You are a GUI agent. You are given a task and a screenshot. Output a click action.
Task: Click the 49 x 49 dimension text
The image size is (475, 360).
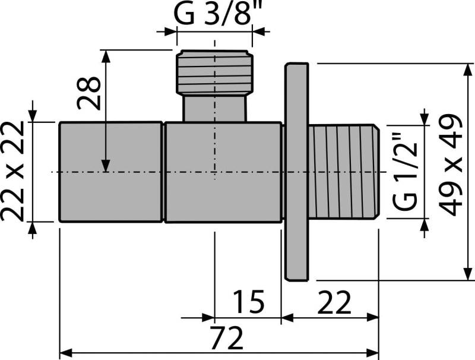point(452,165)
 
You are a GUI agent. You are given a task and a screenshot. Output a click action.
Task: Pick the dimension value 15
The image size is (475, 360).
point(248,302)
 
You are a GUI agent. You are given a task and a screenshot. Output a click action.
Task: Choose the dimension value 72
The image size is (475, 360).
point(227,339)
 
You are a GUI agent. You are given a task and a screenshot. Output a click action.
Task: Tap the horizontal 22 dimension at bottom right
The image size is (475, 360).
point(334,302)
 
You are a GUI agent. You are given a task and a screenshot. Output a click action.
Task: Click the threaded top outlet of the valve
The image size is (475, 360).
point(214,72)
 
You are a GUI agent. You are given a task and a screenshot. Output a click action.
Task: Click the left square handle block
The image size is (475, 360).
point(111,172)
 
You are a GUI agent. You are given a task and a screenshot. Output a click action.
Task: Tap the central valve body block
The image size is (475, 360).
point(223,172)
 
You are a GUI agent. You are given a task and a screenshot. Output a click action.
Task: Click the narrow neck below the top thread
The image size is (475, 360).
point(214,108)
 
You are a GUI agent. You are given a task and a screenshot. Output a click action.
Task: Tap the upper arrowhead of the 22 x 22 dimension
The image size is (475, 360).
point(33,116)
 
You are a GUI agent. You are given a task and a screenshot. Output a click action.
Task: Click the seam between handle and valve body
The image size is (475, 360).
point(163,172)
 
